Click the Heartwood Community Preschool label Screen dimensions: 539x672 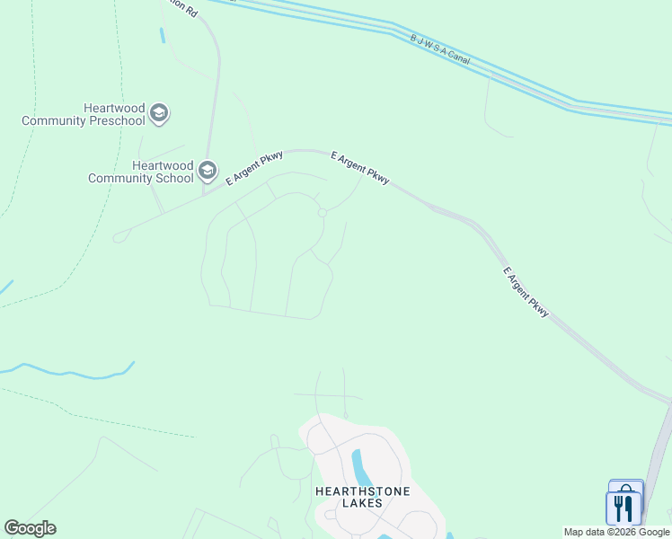pyautogui.click(x=84, y=114)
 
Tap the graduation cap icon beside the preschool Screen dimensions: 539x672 pyautogui.click(x=160, y=113)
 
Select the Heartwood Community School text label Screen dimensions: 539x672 pyautogui.click(x=141, y=172)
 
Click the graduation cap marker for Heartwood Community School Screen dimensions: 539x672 pyautogui.click(x=208, y=171)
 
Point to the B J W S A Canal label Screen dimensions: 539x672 pyautogui.click(x=440, y=49)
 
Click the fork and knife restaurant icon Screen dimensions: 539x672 pyautogui.click(x=623, y=508)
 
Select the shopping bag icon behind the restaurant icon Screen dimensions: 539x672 pyautogui.click(x=626, y=489)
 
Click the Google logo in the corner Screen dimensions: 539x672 pyautogui.click(x=30, y=528)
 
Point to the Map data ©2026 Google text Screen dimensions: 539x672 pyautogui.click(x=616, y=532)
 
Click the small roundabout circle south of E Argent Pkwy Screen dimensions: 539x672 pyautogui.click(x=322, y=213)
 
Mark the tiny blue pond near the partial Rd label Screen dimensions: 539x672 pyautogui.click(x=162, y=35)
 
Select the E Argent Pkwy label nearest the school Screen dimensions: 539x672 pyautogui.click(x=254, y=168)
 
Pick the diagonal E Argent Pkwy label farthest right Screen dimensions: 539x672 pyautogui.click(x=526, y=292)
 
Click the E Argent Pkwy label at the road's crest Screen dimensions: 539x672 pyautogui.click(x=359, y=168)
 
